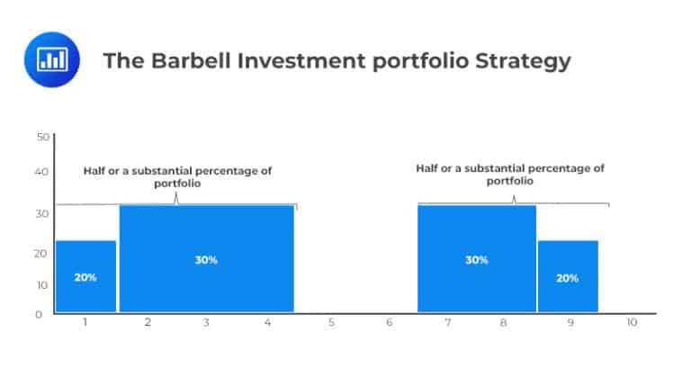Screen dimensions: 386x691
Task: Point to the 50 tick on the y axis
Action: click(42, 137)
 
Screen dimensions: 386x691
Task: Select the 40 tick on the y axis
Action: click(42, 171)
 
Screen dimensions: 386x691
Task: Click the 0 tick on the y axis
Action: click(39, 314)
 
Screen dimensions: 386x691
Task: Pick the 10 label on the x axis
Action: click(632, 322)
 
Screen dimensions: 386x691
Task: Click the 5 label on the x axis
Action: click(331, 322)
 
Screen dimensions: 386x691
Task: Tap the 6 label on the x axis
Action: click(390, 322)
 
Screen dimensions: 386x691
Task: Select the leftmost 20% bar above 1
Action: click(85, 276)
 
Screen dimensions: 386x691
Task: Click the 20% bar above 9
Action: click(568, 276)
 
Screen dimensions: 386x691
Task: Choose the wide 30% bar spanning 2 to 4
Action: click(206, 259)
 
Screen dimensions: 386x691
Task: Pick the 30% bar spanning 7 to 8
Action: click(476, 259)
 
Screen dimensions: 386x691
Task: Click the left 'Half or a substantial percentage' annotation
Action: click(177, 175)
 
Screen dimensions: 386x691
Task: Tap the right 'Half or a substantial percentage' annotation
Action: click(510, 174)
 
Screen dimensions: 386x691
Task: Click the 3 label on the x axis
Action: click(206, 322)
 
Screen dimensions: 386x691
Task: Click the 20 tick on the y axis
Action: click(42, 254)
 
